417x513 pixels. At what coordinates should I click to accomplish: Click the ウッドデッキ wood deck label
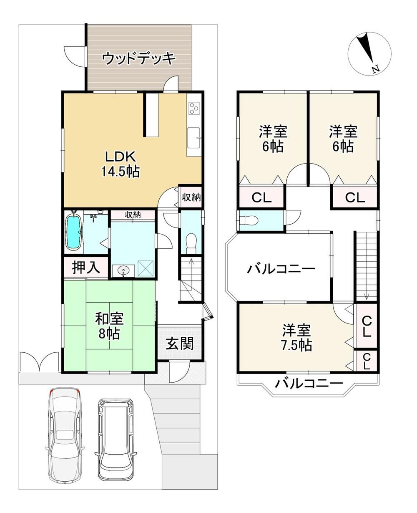pyautogui.click(x=139, y=58)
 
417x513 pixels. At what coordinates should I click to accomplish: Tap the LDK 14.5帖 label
pyautogui.click(x=121, y=164)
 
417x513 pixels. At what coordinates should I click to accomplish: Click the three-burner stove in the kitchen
pyautogui.click(x=194, y=108)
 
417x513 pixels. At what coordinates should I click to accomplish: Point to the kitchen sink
pyautogui.click(x=194, y=138)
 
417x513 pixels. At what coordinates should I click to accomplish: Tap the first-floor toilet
pyautogui.click(x=191, y=243)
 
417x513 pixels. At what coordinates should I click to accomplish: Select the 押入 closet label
pyautogui.click(x=86, y=268)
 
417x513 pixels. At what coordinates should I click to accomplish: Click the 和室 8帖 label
pyautogui.click(x=110, y=326)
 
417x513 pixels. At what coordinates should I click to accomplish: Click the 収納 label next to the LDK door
pyautogui.click(x=191, y=197)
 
